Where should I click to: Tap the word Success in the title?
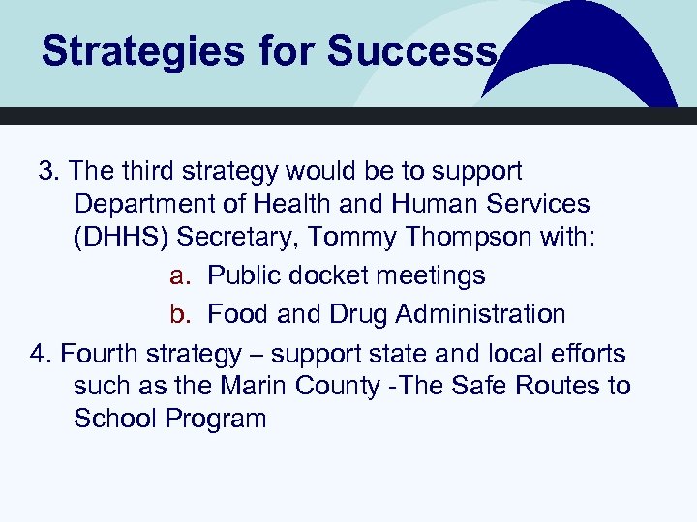coord(411,51)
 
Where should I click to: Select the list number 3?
coord(47,172)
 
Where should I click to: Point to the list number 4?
coord(40,354)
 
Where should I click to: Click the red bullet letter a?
coord(177,276)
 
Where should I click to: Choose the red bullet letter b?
coord(177,314)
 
